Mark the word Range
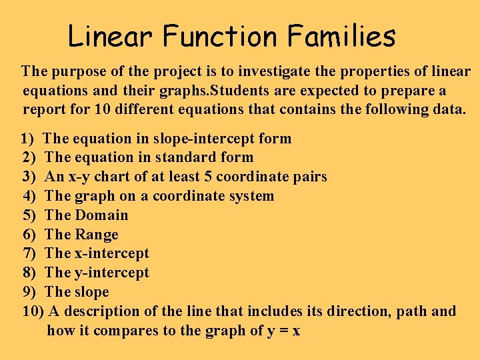point(97,235)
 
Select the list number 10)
point(33,311)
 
